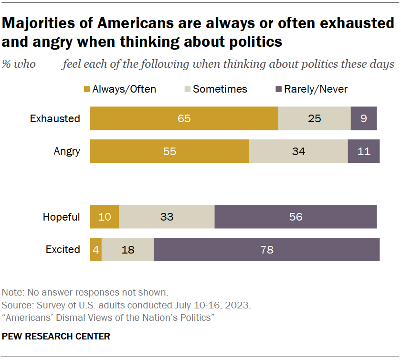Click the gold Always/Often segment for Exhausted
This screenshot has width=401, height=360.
(184, 118)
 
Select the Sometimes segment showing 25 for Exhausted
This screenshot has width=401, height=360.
(314, 118)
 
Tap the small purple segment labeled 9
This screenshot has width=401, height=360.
(364, 118)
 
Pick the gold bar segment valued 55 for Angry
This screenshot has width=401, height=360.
(169, 151)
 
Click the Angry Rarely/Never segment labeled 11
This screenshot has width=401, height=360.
(364, 151)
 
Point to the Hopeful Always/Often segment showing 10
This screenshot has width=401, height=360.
(105, 217)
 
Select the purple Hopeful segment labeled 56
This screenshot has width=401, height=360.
(295, 217)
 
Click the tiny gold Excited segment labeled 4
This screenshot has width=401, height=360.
(96, 249)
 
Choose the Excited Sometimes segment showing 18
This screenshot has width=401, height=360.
(127, 249)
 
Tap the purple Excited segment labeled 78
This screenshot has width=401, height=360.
(266, 249)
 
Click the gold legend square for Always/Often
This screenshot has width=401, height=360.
(87, 89)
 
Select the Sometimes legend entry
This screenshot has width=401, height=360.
(215, 89)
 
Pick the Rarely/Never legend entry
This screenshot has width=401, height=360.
(311, 89)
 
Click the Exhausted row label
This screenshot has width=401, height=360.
(55, 118)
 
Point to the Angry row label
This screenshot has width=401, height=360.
(66, 151)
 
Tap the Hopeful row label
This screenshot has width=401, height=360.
(61, 217)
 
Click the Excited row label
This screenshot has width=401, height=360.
(63, 249)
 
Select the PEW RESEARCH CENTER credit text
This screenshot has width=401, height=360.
(56, 337)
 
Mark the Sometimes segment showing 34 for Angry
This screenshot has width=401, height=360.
(298, 151)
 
